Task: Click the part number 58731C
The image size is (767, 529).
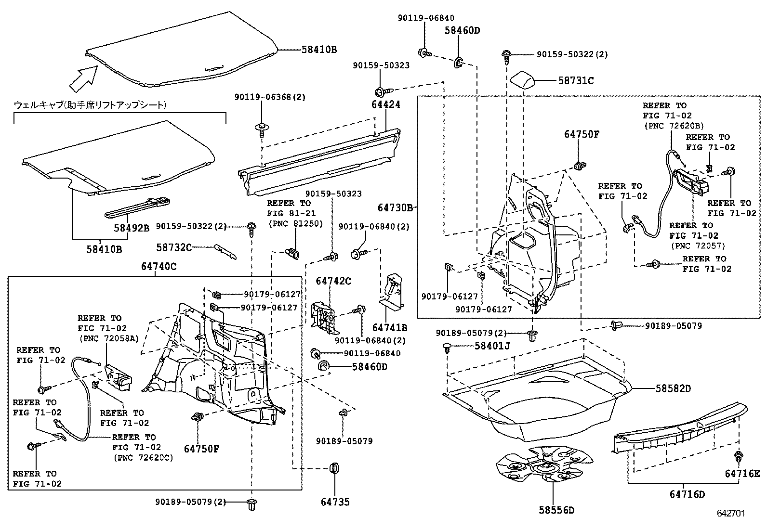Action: coord(576,81)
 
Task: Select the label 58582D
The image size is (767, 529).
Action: coord(673,388)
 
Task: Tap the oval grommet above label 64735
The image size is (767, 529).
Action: coord(333,468)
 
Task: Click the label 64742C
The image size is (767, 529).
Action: coord(333,281)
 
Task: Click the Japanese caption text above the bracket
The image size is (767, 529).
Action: coord(90,104)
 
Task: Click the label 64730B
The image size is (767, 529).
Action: coord(395,207)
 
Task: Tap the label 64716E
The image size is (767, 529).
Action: coord(742,474)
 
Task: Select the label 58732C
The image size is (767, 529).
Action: coord(174,247)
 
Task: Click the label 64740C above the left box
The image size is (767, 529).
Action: coord(159,266)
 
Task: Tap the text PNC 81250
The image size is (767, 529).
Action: coord(295,223)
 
